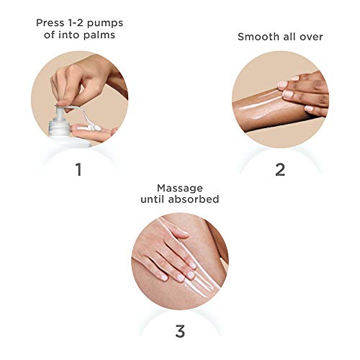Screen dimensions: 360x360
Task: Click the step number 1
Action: pos(78,169)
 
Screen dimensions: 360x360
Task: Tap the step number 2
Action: pos(280,170)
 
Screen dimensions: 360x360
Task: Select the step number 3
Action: pos(180,331)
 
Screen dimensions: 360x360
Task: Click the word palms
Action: pos(99,35)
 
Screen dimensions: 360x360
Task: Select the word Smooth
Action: pos(258,37)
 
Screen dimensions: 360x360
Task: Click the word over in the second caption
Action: pos(311,37)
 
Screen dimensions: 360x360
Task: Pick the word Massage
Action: pos(180,189)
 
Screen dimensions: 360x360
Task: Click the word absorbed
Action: pos(194,199)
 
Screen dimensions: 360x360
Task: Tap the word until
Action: pos(153,199)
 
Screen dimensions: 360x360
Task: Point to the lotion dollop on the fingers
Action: pos(92,127)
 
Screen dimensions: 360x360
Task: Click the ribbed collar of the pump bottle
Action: pos(59,127)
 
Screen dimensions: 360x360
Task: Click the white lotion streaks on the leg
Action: pos(192,259)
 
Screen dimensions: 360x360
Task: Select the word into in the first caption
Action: pos(69,35)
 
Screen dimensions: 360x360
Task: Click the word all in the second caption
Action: pos(290,37)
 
